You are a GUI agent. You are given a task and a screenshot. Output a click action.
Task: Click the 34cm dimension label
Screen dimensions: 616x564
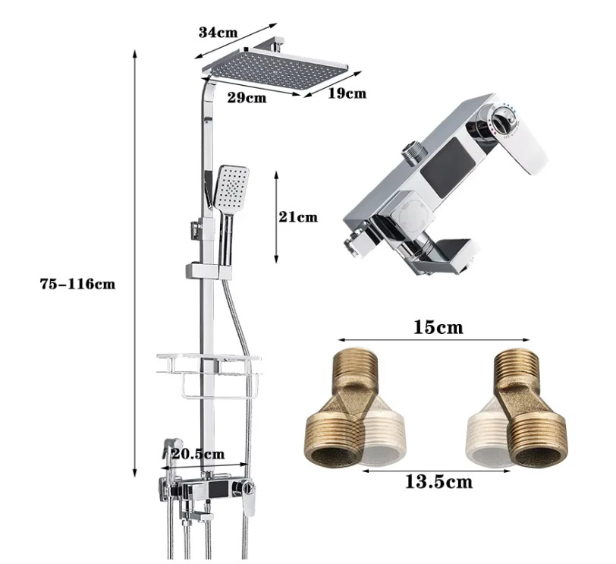coord(218,32)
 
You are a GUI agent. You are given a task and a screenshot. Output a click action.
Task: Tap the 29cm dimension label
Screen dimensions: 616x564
coord(247,97)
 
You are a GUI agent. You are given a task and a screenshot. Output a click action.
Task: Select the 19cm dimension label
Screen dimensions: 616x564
coord(347,93)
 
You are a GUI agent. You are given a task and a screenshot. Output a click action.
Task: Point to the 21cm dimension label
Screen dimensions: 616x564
coord(298,217)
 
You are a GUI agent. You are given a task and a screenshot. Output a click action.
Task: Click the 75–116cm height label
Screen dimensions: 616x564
coord(78,284)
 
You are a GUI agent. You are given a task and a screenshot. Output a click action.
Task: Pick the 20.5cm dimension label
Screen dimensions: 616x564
coord(199,454)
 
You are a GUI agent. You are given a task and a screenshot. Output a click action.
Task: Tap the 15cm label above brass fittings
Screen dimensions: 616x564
coord(438,327)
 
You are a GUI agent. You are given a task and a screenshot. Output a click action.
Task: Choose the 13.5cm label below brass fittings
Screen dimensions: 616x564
coord(438,481)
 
